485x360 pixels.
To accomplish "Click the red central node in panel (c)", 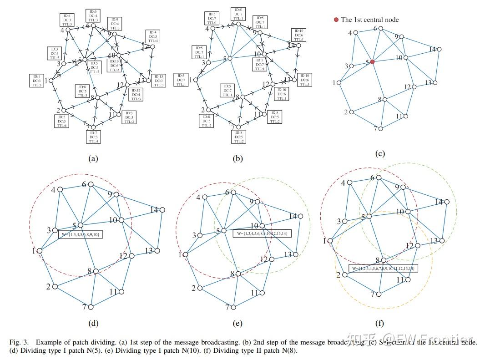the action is pyautogui.click(x=372, y=61).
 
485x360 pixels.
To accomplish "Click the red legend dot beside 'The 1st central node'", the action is pyautogui.click(x=336, y=20).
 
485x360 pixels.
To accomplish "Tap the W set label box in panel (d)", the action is pyautogui.click(x=81, y=234).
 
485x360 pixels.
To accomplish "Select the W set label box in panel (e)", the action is pyautogui.click(x=261, y=233).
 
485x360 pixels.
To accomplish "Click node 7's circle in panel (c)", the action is pyautogui.click(x=381, y=129).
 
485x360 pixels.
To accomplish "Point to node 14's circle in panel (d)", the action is pyautogui.click(x=162, y=210).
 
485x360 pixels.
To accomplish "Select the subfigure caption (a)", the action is pyautogui.click(x=93, y=159).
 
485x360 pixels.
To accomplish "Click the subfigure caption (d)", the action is pyautogui.click(x=93, y=324).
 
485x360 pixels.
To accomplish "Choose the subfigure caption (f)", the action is pyautogui.click(x=379, y=324).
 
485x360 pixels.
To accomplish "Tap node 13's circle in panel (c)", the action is pyautogui.click(x=435, y=82).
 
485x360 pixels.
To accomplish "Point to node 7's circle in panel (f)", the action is pyautogui.click(x=379, y=294).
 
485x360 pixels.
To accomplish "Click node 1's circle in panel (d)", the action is pyautogui.click(x=40, y=251).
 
